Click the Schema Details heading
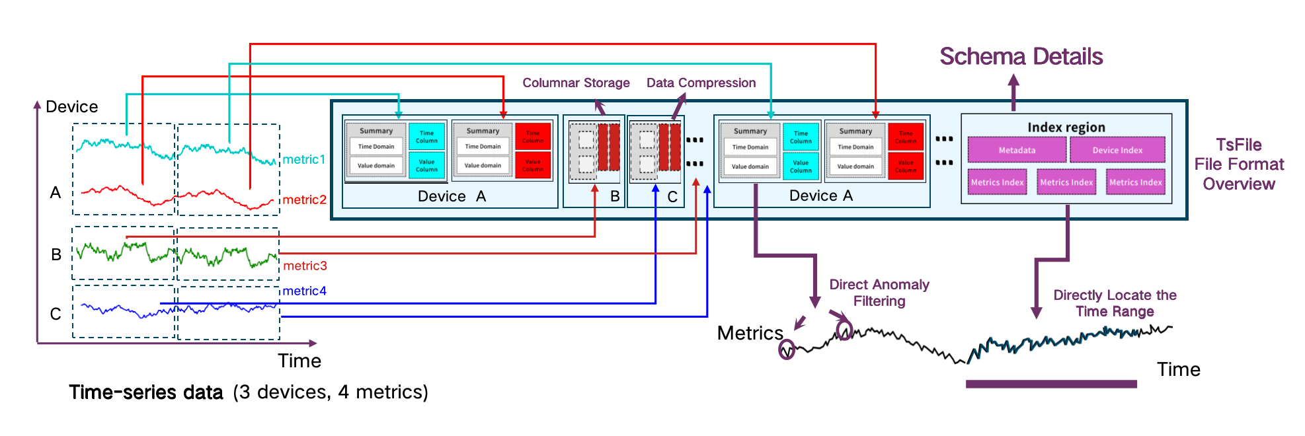(x=1021, y=57)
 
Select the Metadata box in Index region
(x=1017, y=150)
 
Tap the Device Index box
(x=1117, y=150)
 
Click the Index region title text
(x=1066, y=127)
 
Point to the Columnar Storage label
(x=576, y=83)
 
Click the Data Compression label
(x=701, y=83)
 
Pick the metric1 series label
(x=303, y=159)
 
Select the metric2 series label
(x=304, y=200)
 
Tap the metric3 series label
(x=305, y=266)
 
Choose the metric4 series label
(x=304, y=291)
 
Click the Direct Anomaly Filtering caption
(x=879, y=293)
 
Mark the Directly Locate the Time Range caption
(x=1115, y=303)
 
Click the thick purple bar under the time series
(x=1051, y=384)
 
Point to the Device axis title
(x=71, y=107)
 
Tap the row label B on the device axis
(x=56, y=254)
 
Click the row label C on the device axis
(x=56, y=314)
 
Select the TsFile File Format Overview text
(x=1238, y=164)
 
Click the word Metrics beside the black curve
(x=750, y=333)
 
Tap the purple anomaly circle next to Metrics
(x=786, y=349)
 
